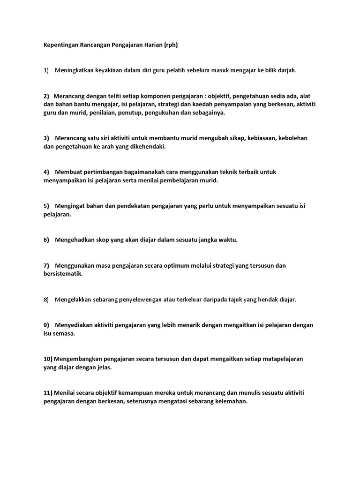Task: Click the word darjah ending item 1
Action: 287,70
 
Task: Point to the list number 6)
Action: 46,240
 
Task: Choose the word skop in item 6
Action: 102,240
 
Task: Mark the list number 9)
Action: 46,325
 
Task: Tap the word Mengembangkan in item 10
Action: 77,359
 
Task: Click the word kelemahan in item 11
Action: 230,401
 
